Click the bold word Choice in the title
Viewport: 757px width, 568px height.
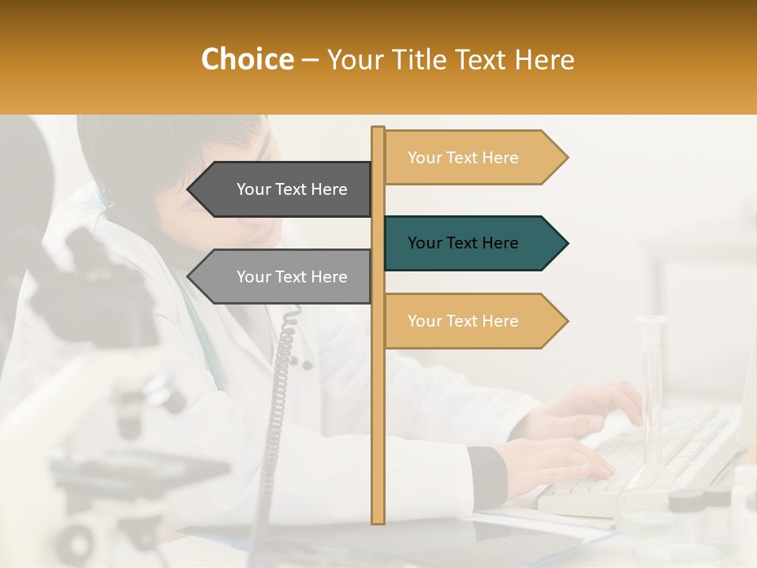[x=247, y=60]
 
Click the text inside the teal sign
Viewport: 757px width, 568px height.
[x=463, y=243]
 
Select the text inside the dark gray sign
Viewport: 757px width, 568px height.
[x=292, y=189]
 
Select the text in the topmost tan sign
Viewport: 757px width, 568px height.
[x=463, y=158]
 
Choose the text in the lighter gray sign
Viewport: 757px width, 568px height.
[x=292, y=277]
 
